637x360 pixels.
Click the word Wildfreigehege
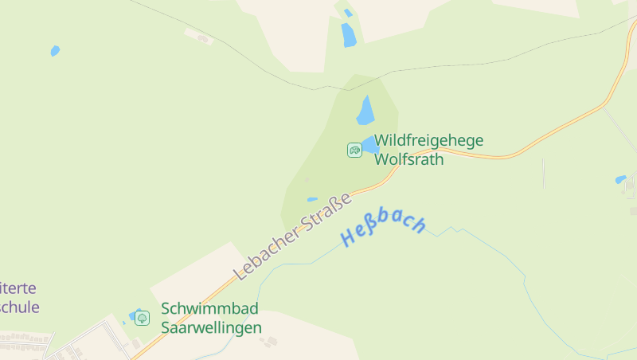(x=428, y=141)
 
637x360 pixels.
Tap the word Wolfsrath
(x=408, y=158)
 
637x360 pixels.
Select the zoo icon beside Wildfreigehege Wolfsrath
(x=354, y=150)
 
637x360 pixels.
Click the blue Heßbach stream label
(x=384, y=228)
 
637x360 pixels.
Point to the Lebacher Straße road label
(x=293, y=237)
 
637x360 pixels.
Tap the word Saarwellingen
(x=211, y=327)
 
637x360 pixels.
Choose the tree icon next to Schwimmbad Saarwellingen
(x=142, y=318)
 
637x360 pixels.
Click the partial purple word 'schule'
(x=19, y=307)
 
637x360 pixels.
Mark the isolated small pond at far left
(x=55, y=51)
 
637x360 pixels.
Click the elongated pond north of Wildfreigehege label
(x=365, y=111)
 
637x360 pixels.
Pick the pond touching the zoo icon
(x=369, y=146)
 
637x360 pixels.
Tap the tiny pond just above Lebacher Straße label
(x=312, y=199)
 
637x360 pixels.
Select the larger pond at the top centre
(x=348, y=34)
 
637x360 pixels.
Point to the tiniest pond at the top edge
(x=348, y=13)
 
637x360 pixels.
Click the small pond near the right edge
(x=620, y=180)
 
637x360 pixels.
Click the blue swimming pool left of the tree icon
(x=132, y=316)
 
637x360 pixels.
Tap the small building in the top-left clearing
(x=202, y=37)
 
